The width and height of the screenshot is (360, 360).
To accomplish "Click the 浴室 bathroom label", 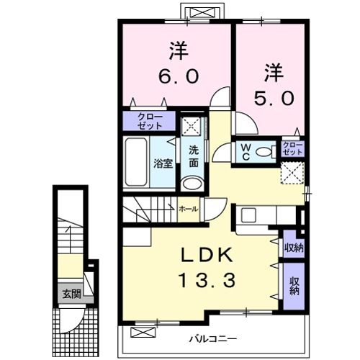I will (163, 163).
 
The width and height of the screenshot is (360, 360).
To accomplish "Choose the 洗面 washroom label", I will (194, 156).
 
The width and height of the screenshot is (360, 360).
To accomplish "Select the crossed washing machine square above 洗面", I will (192, 127).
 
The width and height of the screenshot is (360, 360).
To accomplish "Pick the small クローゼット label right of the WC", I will (292, 149).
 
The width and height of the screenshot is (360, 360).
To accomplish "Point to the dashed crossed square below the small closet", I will (291, 172).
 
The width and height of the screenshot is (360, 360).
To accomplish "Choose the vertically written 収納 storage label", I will (294, 287).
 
